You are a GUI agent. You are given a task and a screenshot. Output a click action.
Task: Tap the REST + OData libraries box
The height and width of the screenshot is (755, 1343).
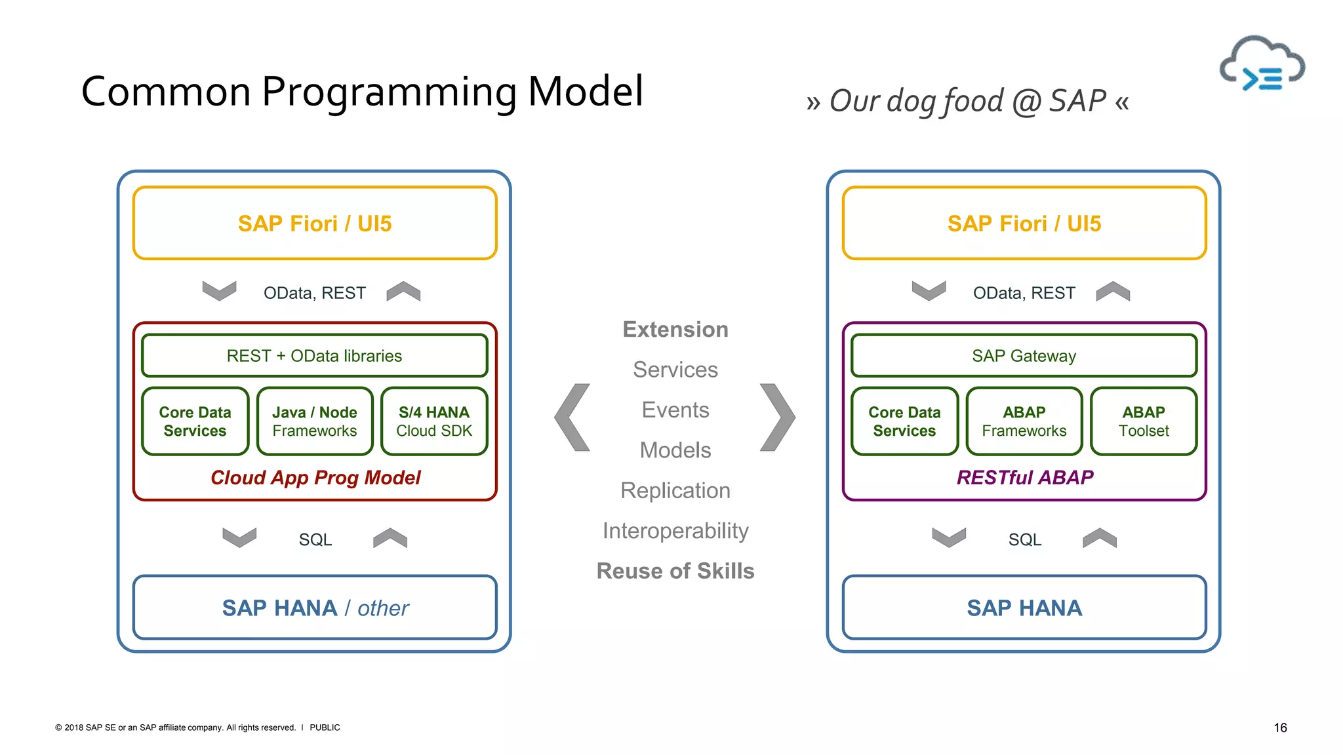coord(314,356)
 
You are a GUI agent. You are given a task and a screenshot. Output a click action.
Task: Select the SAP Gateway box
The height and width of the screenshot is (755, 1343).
coord(1024,356)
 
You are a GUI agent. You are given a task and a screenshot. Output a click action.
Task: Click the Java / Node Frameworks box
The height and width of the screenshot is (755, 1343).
coord(315,421)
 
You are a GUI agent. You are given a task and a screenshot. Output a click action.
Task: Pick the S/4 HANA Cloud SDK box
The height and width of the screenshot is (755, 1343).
coord(434,421)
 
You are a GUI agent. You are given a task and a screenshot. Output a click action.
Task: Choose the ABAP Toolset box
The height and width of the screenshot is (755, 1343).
coord(1144,421)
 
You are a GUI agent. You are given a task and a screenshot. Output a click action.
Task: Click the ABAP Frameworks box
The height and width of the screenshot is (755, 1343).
coord(1024,421)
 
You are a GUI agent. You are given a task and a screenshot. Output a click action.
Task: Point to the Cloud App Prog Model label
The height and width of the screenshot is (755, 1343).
coord(315,478)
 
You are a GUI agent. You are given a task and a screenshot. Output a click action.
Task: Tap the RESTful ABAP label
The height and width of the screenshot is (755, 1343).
coord(1024,478)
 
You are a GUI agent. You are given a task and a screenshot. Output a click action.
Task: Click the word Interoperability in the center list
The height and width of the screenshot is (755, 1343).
coord(675,531)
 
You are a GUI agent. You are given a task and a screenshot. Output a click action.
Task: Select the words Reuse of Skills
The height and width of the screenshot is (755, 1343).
coord(675,571)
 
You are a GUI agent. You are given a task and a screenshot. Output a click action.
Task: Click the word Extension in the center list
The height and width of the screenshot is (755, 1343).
coord(675,330)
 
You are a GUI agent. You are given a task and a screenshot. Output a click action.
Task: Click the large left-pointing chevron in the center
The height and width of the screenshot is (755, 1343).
coord(572,417)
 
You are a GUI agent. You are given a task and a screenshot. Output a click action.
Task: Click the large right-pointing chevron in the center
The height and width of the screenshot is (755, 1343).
coord(778,417)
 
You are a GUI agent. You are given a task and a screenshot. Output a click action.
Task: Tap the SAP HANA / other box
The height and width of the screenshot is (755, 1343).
coord(315,608)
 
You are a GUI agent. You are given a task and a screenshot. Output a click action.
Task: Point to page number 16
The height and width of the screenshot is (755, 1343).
coord(1280,727)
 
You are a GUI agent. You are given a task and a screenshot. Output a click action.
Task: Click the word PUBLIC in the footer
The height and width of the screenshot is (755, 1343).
coord(325,727)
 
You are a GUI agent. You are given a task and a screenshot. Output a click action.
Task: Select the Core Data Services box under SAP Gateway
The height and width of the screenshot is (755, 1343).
coord(904,421)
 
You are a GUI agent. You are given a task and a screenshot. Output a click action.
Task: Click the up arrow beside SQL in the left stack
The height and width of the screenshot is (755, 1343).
coord(390,538)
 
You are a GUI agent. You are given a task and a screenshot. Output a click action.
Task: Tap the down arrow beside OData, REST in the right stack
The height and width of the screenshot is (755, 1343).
coord(929,290)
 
